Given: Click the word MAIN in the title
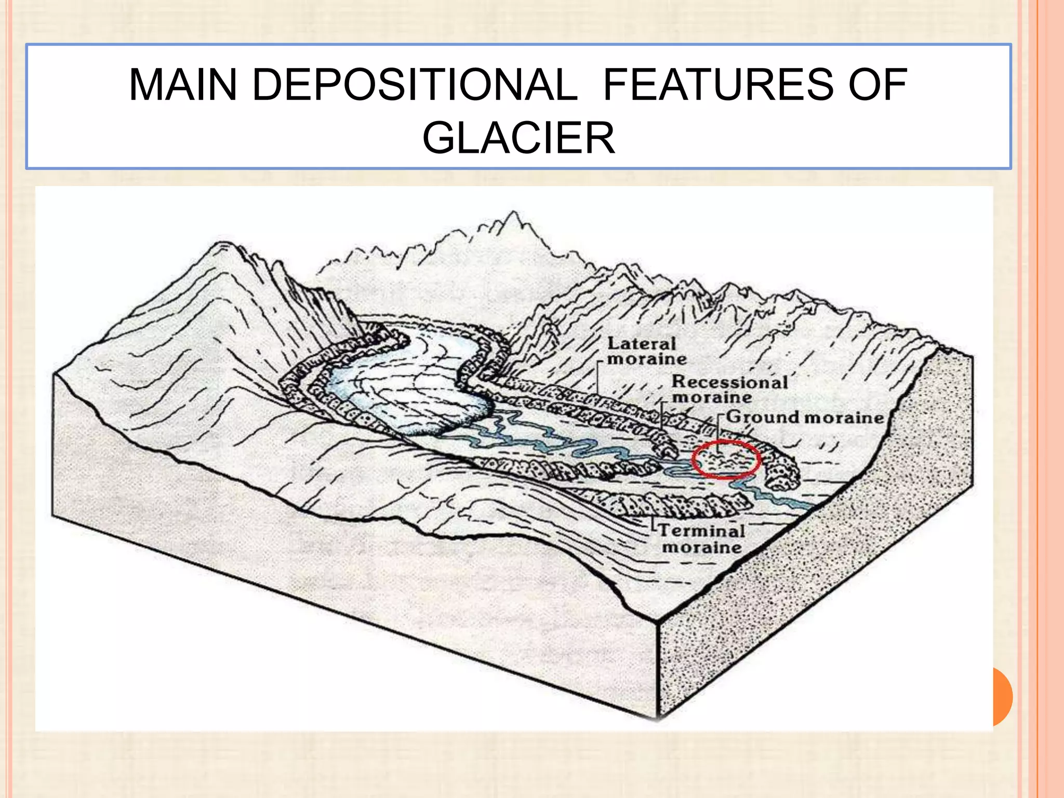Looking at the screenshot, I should coord(182,85).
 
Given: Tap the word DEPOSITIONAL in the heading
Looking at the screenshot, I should coord(415,85).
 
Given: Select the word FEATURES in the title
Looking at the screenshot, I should coord(717,85).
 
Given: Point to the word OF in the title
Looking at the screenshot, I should coord(878,85).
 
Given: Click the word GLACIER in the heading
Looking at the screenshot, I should coord(518,138).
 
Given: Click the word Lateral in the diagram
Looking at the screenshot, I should coord(641,343).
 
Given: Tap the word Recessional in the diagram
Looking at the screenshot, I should coord(729,382).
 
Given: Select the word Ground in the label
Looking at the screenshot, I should coord(762,417).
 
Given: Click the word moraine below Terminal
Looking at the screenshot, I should coord(701,548).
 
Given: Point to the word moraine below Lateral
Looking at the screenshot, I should coord(647,359).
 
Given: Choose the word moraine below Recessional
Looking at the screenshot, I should coord(712,398).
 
